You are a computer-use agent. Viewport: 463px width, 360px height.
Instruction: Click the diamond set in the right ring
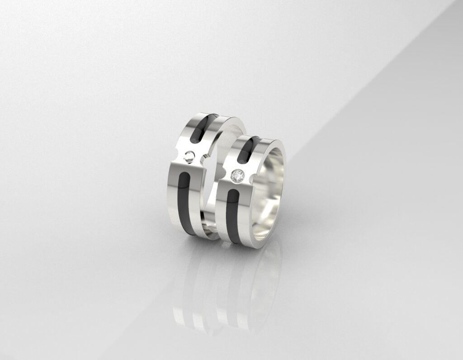[x=237, y=176]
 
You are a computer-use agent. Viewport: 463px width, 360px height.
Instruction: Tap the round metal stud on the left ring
[x=190, y=157]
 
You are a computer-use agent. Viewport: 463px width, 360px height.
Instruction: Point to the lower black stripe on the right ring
[x=232, y=217]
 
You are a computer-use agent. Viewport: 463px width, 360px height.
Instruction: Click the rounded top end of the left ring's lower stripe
[x=185, y=176]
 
